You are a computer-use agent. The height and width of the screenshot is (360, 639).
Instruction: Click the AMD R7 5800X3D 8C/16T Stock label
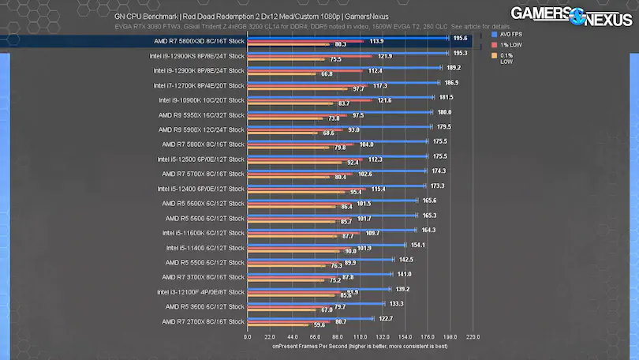(x=202, y=41)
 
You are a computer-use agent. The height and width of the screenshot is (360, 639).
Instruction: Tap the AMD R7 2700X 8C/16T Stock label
(x=203, y=321)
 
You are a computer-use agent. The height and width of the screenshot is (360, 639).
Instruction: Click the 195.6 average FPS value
(x=461, y=37)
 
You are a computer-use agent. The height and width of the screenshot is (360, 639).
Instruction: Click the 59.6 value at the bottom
(x=319, y=325)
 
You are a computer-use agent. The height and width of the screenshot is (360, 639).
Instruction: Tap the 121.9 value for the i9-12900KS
(x=385, y=57)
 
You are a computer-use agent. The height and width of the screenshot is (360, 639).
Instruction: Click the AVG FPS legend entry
(x=511, y=35)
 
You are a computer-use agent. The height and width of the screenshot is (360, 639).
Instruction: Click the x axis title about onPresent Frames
(x=360, y=346)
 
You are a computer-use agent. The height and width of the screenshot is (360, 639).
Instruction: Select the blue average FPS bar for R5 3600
(x=316, y=303)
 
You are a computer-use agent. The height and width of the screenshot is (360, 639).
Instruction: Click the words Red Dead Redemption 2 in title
(x=230, y=16)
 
